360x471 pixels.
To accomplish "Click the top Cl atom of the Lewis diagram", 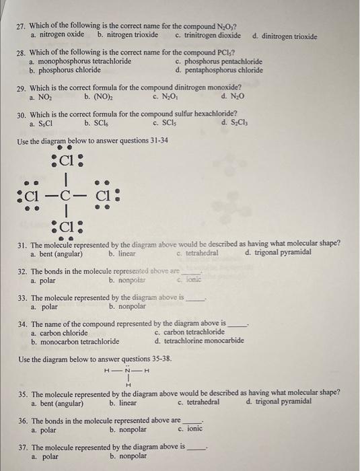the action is tap(66, 161).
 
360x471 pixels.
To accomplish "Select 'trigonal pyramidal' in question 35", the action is tap(282, 402).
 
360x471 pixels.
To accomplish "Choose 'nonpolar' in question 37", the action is tap(127, 456).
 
